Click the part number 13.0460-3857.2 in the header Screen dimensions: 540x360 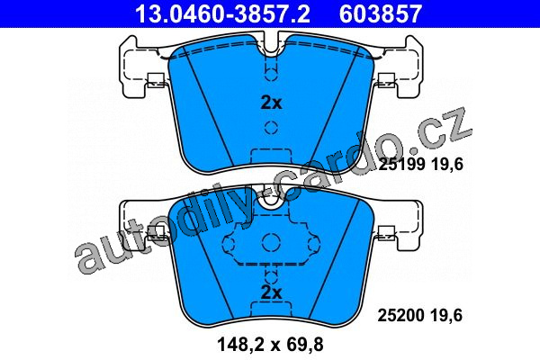point(223,13)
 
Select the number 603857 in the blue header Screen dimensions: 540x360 point(381,13)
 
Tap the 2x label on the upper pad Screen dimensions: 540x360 point(272,103)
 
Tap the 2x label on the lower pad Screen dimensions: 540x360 point(272,292)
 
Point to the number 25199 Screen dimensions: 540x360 point(401,165)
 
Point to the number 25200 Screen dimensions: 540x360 point(401,316)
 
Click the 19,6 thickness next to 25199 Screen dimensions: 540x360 point(447,165)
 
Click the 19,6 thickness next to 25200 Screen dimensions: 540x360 point(446,316)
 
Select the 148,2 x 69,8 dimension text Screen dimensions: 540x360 point(270,344)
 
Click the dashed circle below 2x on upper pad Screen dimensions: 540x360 point(272,128)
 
